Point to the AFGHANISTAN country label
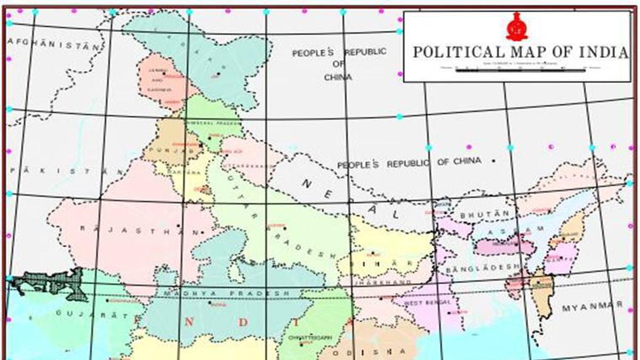pos(54,43)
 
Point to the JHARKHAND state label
pos(390,282)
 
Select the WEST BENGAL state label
pos(428,302)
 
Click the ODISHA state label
pos(369,351)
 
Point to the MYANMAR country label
pos(592,306)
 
